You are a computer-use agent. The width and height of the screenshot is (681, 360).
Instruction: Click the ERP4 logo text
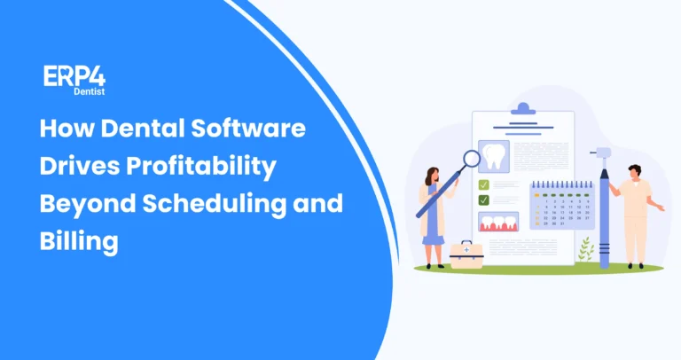coord(74,76)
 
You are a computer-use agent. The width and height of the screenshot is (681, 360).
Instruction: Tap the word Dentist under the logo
coord(86,90)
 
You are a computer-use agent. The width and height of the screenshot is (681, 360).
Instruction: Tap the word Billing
coord(78,240)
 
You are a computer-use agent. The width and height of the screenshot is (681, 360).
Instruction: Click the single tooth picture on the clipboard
coord(496,156)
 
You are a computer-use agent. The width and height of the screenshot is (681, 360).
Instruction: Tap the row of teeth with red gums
coord(497,222)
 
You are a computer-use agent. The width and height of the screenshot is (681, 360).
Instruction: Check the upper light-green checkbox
coord(484,184)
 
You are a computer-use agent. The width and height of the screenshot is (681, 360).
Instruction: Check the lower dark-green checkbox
coord(484,200)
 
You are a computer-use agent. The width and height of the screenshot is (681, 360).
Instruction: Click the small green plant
coord(585,251)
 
